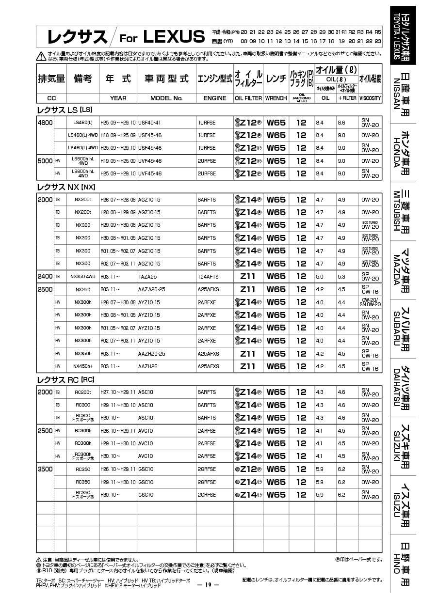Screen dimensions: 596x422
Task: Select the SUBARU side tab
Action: pyautogui.click(x=402, y=328)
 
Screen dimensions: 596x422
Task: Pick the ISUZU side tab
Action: pyautogui.click(x=402, y=504)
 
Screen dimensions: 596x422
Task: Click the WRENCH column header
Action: pyautogui.click(x=276, y=98)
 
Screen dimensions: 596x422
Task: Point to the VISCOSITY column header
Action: pyautogui.click(x=370, y=98)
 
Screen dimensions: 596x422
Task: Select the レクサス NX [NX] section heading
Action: pyautogui.click(x=66, y=187)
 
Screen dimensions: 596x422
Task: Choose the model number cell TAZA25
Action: pyautogui.click(x=147, y=277)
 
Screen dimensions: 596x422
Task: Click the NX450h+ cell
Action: pyautogui.click(x=83, y=366)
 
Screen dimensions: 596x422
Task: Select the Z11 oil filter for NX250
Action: pyautogui.click(x=248, y=289)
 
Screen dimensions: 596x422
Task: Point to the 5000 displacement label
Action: pyautogui.click(x=45, y=161)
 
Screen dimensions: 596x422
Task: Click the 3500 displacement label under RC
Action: pyautogui.click(x=45, y=469)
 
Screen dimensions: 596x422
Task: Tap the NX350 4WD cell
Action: pyautogui.click(x=83, y=277)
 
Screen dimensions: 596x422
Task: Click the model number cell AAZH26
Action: pyautogui.click(x=148, y=366)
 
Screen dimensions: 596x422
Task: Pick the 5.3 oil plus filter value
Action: pyautogui.click(x=341, y=277)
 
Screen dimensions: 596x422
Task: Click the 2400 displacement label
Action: pyautogui.click(x=45, y=277)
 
